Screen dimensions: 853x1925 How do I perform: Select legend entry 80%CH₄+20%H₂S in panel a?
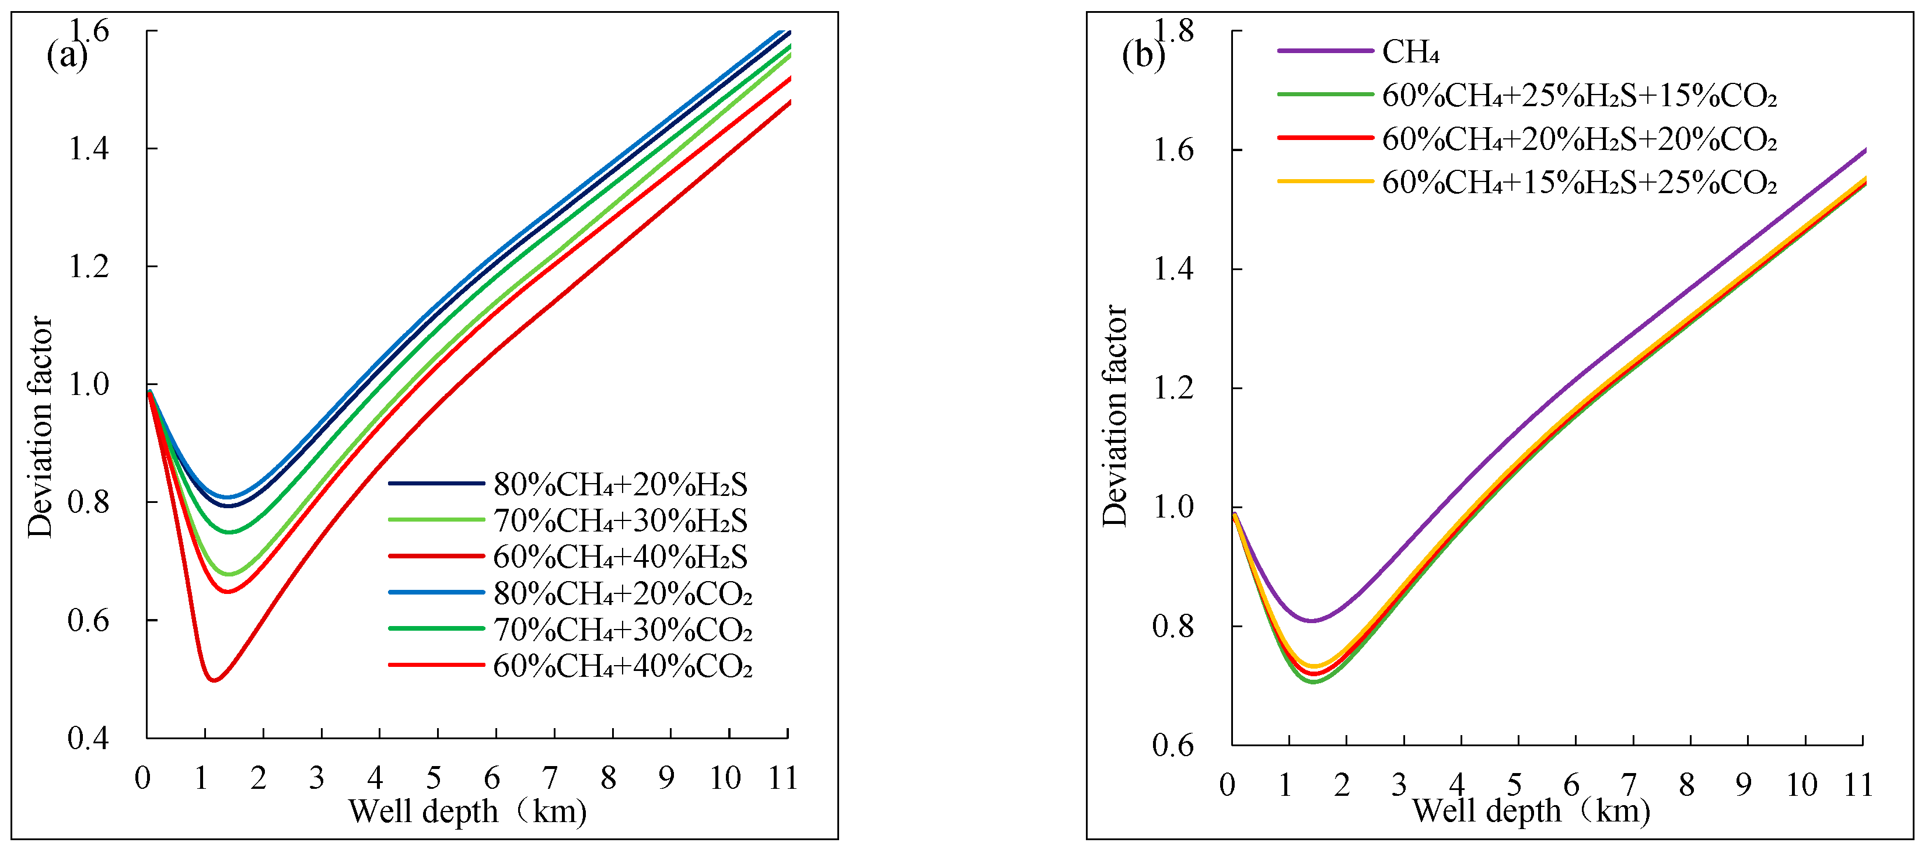tap(620, 485)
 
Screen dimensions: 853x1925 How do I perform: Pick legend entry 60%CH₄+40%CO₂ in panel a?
tap(622, 666)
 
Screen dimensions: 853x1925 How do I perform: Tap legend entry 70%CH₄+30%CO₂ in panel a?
tap(622, 630)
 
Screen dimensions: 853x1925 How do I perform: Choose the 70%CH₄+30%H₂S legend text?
tap(620, 520)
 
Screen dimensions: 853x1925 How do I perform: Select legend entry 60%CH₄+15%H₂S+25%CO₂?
tap(1578, 182)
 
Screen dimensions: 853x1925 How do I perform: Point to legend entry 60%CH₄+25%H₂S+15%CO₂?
tap(1578, 96)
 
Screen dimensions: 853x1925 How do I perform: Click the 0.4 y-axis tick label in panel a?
tap(88, 738)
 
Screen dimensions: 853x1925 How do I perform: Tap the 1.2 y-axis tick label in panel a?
tap(88, 267)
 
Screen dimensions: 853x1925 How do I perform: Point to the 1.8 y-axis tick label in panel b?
tap(1174, 32)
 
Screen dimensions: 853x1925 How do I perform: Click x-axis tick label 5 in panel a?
tap(434, 778)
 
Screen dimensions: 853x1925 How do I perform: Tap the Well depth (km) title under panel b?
tap(1531, 811)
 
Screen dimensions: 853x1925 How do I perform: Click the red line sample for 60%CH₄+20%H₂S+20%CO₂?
tap(1325, 138)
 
